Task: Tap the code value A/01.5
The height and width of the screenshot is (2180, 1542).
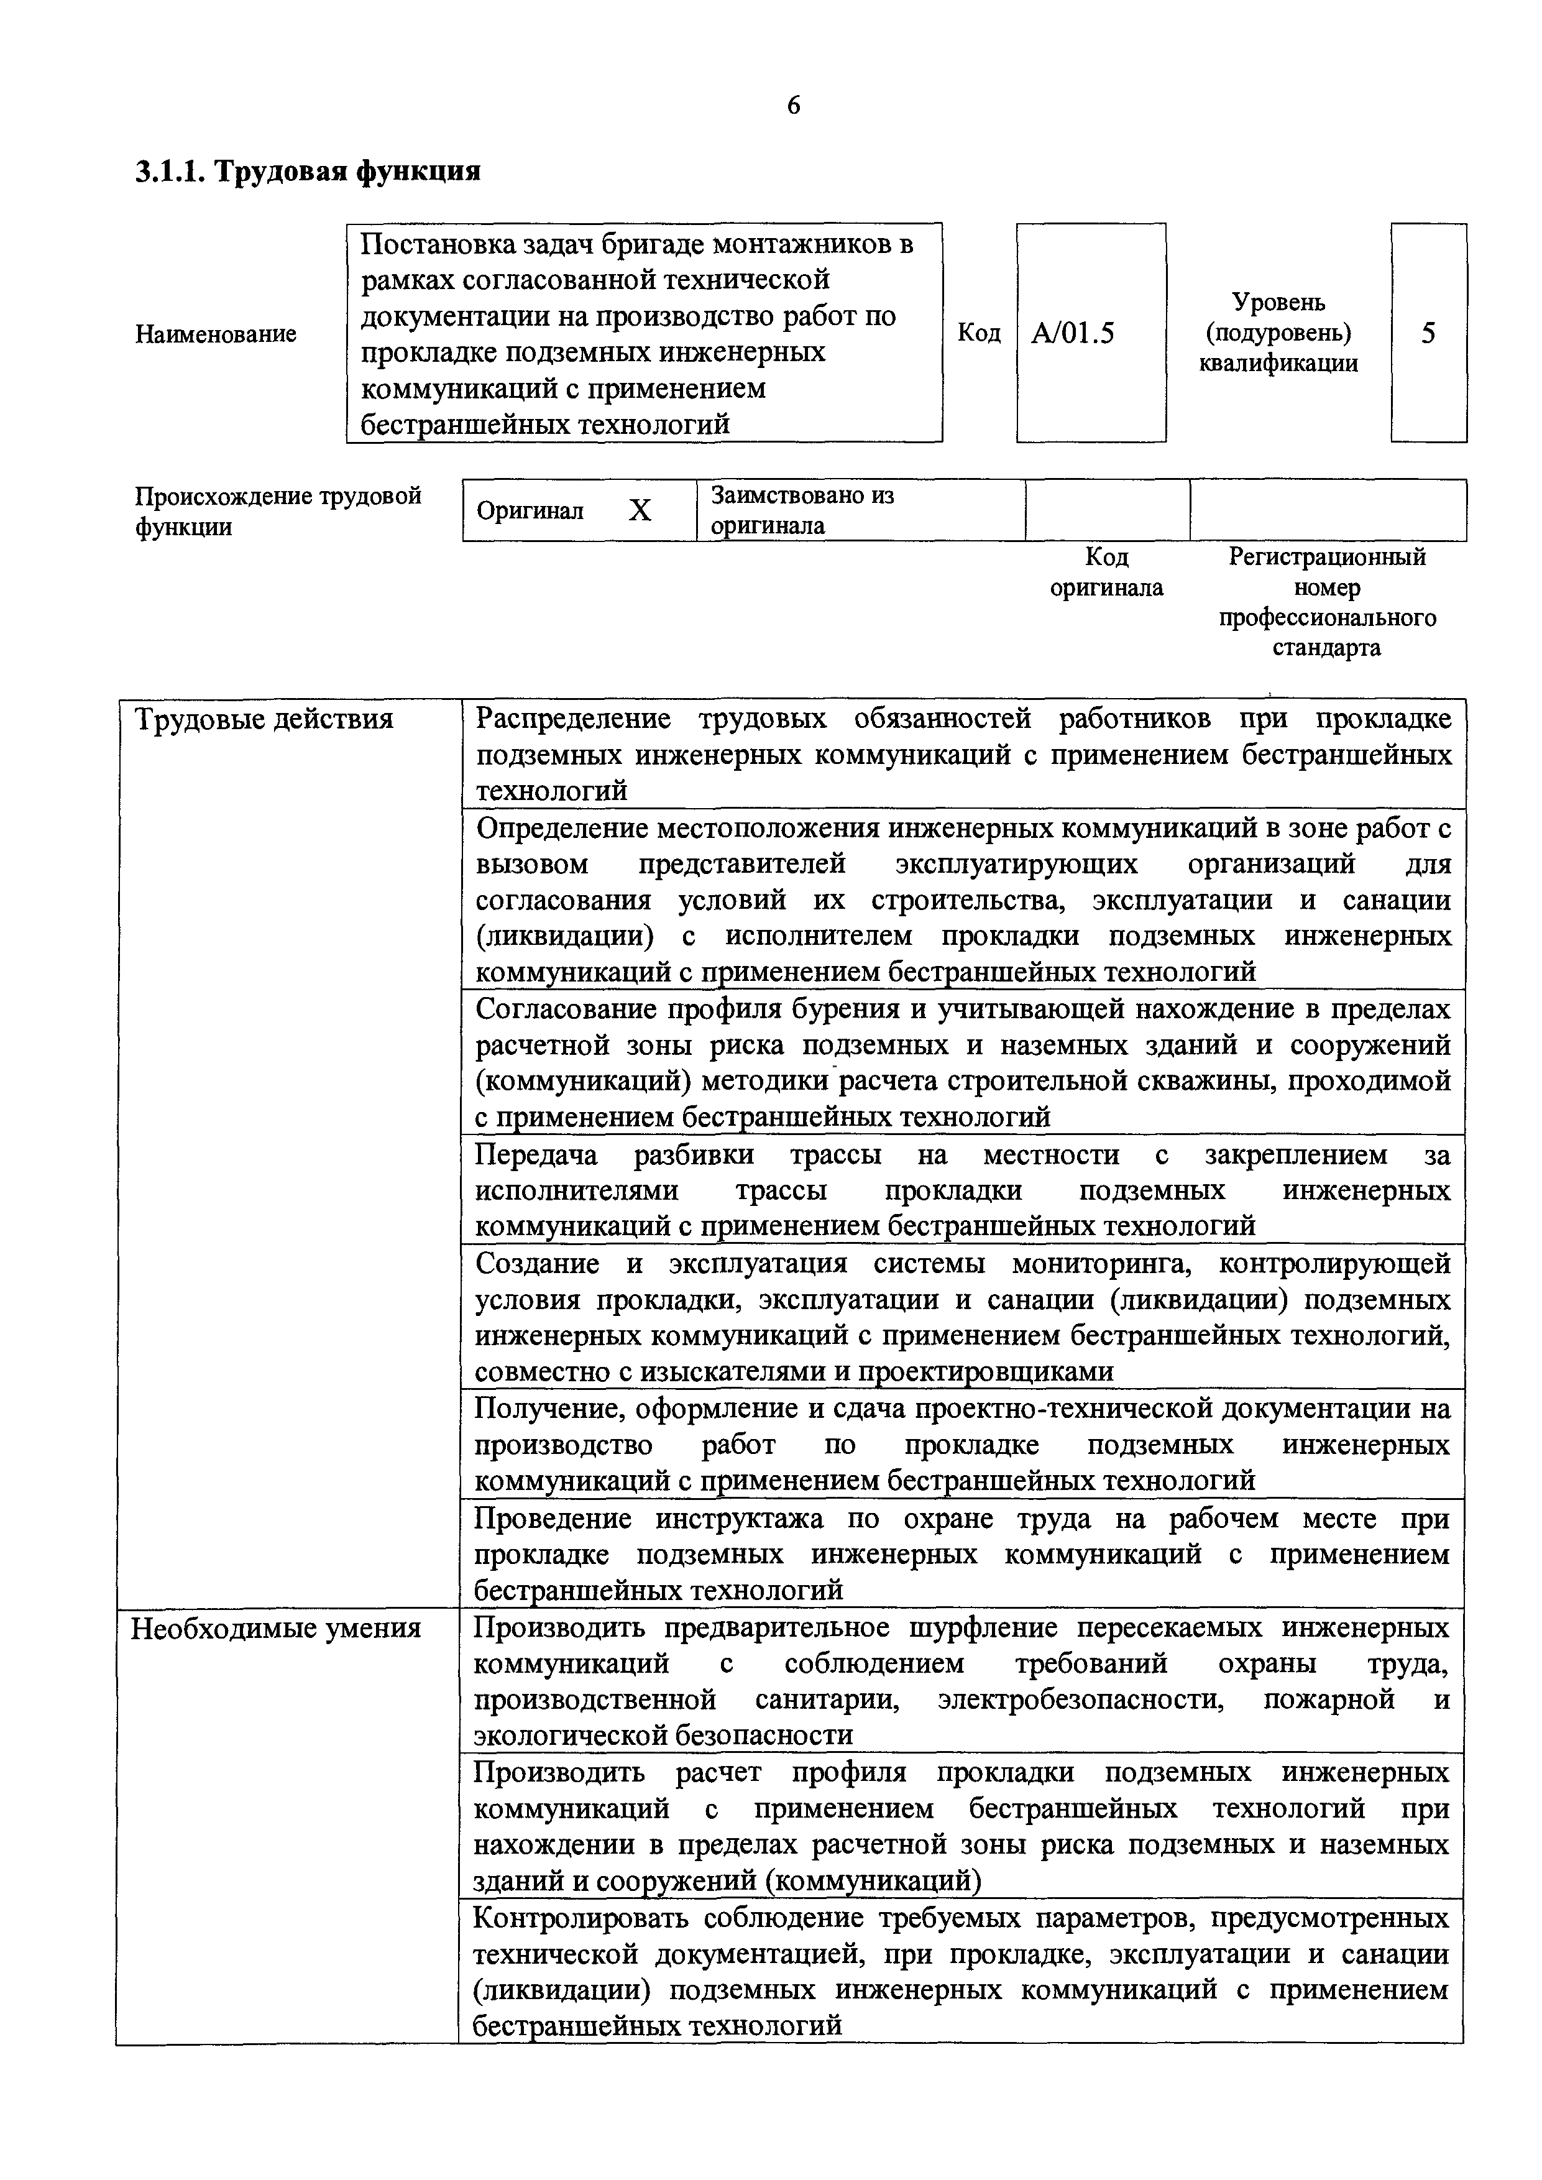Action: pos(1073,333)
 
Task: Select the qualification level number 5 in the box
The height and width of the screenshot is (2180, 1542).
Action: pos(1428,333)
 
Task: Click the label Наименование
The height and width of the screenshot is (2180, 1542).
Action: pos(216,334)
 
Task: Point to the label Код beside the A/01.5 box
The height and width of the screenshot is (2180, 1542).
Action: pos(979,333)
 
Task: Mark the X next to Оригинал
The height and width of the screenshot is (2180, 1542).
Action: pos(641,512)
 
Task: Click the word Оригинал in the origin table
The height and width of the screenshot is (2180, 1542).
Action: pos(530,512)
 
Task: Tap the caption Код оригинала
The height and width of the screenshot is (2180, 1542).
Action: pos(1106,573)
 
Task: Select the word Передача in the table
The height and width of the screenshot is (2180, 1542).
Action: pos(536,1154)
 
